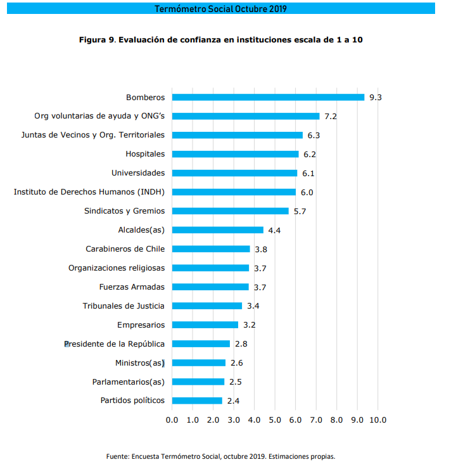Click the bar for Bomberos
268,97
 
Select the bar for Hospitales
235,154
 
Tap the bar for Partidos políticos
197,400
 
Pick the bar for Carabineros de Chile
211,249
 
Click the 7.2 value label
331,117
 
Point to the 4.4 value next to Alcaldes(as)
274,231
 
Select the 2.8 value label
241,344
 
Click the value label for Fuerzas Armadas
260,287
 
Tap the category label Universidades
137,173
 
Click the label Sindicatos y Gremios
124,211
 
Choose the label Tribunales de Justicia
123,306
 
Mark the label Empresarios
141,325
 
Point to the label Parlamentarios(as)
128,381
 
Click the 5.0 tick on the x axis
275,420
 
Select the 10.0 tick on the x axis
377,420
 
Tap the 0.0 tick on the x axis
172,420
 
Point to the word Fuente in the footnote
118,456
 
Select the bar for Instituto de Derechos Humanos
234,192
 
